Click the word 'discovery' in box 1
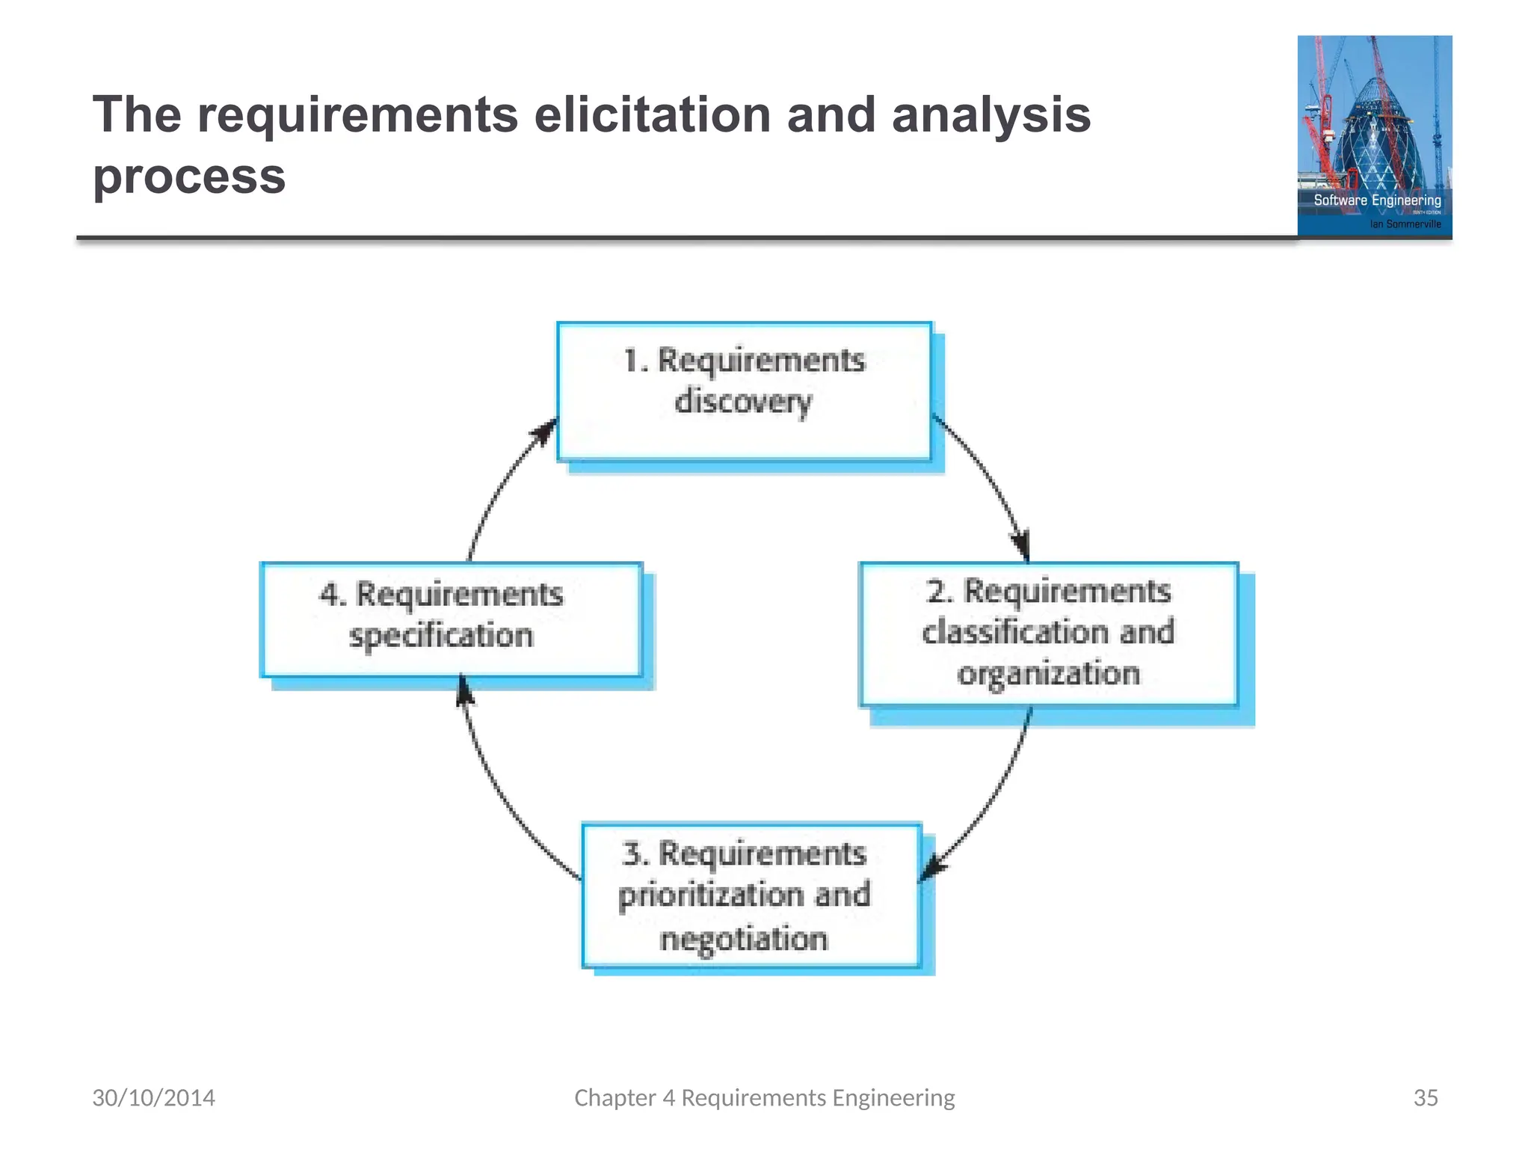coord(742,402)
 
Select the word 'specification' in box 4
coord(441,636)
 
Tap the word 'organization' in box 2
coord(1048,673)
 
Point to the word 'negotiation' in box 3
coord(744,938)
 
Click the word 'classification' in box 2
coord(1014,632)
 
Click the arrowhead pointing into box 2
coord(1022,545)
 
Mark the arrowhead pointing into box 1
coord(544,432)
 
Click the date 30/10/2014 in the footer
coord(153,1097)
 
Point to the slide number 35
coord(1425,1097)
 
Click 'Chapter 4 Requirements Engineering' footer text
coord(764,1097)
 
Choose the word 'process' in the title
coord(189,177)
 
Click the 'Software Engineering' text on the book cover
coord(1377,200)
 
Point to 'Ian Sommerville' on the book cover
coord(1405,224)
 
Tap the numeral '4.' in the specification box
coord(333,595)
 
